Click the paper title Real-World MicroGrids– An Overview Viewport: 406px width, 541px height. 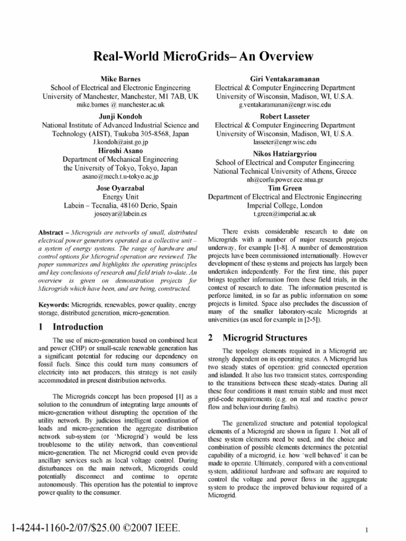click(x=203, y=56)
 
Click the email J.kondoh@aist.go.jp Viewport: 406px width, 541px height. click(x=121, y=143)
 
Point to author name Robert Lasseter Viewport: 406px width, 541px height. click(x=285, y=116)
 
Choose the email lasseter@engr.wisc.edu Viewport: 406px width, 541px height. click(x=285, y=143)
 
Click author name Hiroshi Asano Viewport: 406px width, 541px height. click(x=121, y=151)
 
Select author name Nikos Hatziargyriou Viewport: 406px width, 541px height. click(x=285, y=154)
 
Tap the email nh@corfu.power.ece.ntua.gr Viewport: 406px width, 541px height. click(x=285, y=180)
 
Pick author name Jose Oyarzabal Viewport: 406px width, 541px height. click(x=121, y=188)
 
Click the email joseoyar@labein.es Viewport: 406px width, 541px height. click(x=121, y=214)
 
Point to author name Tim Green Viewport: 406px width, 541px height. click(x=285, y=188)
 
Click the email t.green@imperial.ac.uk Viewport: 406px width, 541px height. click(x=285, y=214)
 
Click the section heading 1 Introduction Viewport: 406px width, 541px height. click(x=71, y=327)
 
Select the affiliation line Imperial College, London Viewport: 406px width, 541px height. click(x=285, y=206)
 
